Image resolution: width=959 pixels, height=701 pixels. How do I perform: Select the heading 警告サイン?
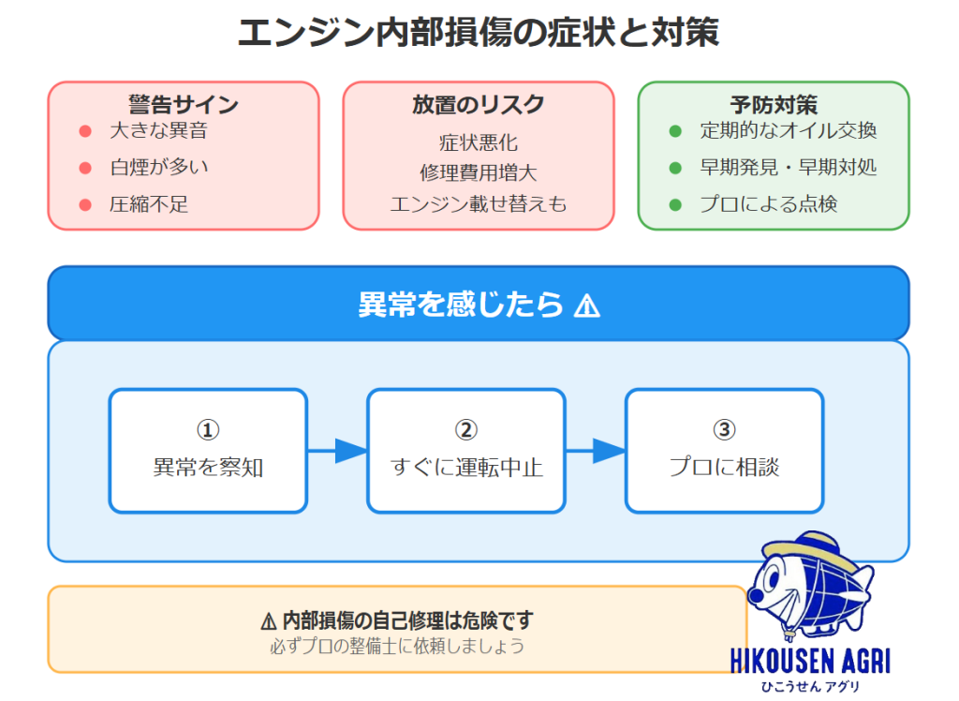184,105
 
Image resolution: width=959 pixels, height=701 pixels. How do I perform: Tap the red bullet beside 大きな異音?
85,131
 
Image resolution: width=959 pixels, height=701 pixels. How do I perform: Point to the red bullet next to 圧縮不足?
85,204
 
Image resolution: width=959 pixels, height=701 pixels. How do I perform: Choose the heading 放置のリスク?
478,105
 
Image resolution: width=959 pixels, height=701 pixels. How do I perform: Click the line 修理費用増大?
478,173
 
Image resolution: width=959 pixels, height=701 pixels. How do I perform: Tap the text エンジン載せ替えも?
478,204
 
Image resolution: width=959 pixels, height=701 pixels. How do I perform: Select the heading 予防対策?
774,105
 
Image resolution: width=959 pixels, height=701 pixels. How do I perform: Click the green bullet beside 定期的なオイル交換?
675,131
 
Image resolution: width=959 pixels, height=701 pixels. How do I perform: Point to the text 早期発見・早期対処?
788,168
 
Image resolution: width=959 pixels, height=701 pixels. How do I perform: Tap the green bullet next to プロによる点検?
675,204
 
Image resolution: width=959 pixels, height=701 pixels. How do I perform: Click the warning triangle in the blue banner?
587,306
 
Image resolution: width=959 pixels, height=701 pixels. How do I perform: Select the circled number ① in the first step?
208,430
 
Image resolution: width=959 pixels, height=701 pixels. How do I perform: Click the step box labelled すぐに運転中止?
466,451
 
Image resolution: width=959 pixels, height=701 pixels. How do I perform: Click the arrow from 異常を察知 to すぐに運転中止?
337,451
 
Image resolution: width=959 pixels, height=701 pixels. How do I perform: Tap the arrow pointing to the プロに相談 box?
596,451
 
